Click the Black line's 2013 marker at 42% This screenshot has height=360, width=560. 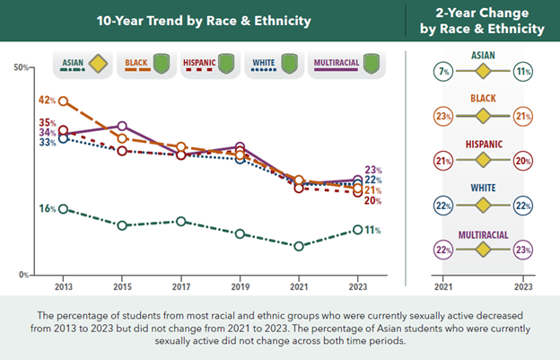[x=63, y=101]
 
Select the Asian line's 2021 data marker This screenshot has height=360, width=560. [x=299, y=245]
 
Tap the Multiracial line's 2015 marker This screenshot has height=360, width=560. [x=122, y=127]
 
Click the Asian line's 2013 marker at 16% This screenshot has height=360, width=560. [x=63, y=208]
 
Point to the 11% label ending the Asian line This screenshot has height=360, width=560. [x=372, y=230]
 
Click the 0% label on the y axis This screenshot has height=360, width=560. [x=24, y=275]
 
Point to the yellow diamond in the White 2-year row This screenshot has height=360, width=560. [x=484, y=206]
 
